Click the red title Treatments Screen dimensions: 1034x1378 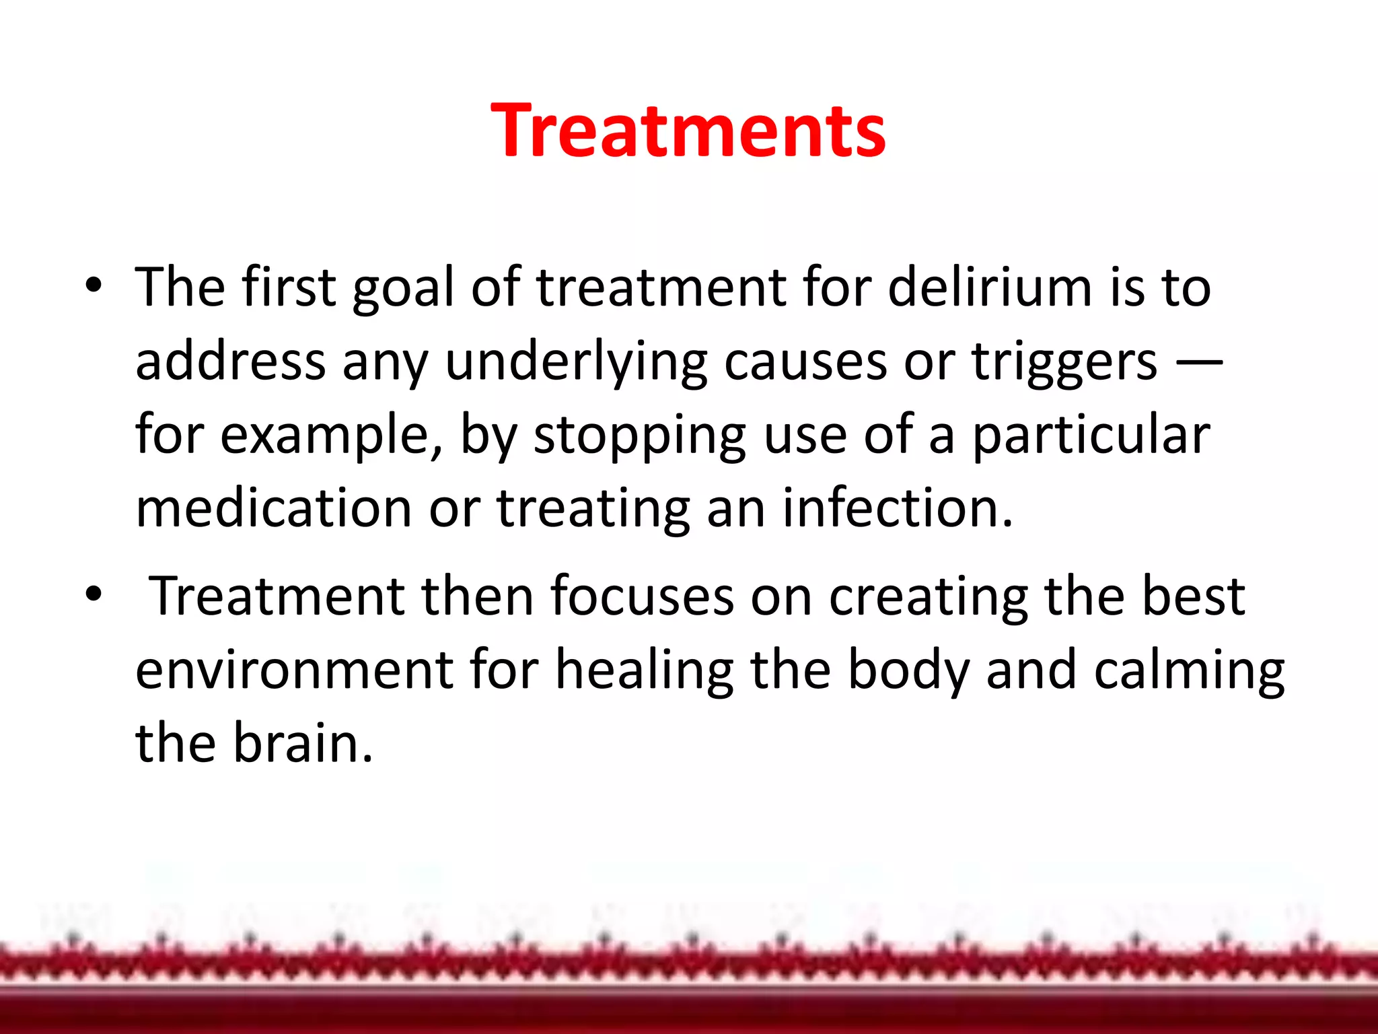pyautogui.click(x=688, y=131)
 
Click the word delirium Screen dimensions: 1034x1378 pyautogui.click(x=989, y=287)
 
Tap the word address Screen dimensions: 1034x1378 pyautogui.click(x=230, y=361)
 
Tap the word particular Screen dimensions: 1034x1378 pyautogui.click(x=1091, y=436)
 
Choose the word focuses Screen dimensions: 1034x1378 pyautogui.click(x=642, y=596)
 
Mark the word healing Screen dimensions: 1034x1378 pyautogui.click(x=644, y=671)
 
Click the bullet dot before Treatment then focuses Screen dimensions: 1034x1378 pyautogui.click(x=94, y=594)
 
